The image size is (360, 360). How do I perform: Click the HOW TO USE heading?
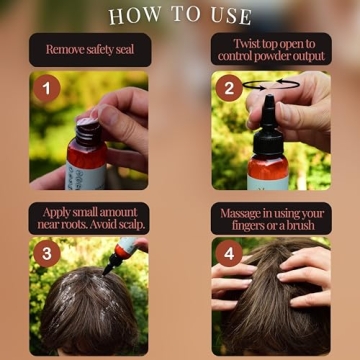pos(180,15)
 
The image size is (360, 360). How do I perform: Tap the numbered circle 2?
pos(228,87)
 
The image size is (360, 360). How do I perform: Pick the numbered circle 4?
pos(228,254)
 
